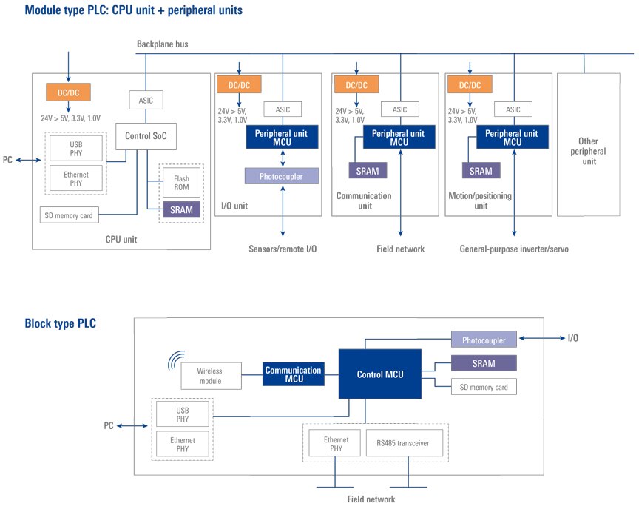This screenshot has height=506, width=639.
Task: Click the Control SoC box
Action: [x=145, y=136]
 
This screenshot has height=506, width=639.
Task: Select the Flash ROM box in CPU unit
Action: [x=181, y=183]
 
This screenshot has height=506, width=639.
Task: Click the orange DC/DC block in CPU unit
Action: [x=68, y=92]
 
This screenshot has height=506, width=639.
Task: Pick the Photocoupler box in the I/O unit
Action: [x=283, y=175]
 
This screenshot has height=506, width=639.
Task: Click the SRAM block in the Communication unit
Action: [x=367, y=171]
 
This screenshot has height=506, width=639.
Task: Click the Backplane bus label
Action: [x=163, y=44]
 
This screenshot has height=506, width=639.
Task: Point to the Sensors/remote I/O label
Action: [x=283, y=249]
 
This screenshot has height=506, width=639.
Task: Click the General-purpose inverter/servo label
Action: [x=514, y=249]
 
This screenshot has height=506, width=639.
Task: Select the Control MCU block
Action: [x=380, y=374]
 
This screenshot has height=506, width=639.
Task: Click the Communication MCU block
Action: [x=293, y=374]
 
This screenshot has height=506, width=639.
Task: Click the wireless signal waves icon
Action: [x=175, y=360]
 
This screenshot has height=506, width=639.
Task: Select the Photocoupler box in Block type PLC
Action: [x=484, y=341]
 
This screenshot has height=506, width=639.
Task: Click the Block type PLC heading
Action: [x=60, y=323]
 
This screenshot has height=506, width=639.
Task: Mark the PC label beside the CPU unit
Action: [x=8, y=160]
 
